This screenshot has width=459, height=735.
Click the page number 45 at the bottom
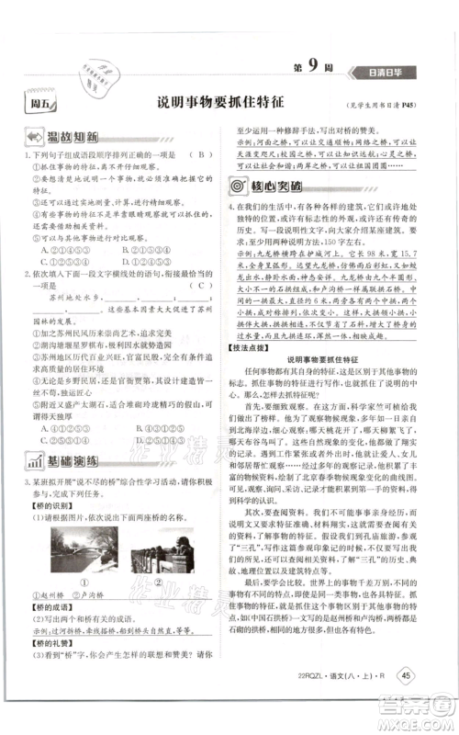(x=406, y=702)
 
